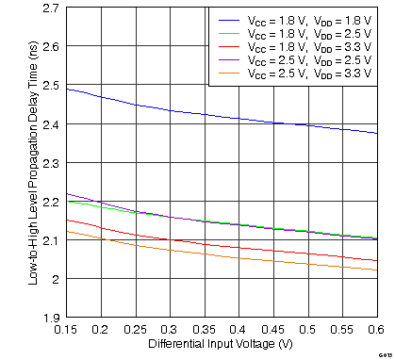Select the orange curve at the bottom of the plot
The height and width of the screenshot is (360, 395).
(236, 257)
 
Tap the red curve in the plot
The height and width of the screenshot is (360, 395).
(236, 248)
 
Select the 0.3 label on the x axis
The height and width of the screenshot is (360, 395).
(171, 329)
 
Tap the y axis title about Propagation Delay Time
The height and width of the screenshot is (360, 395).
(33, 162)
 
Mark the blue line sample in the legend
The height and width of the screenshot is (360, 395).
(230, 20)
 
